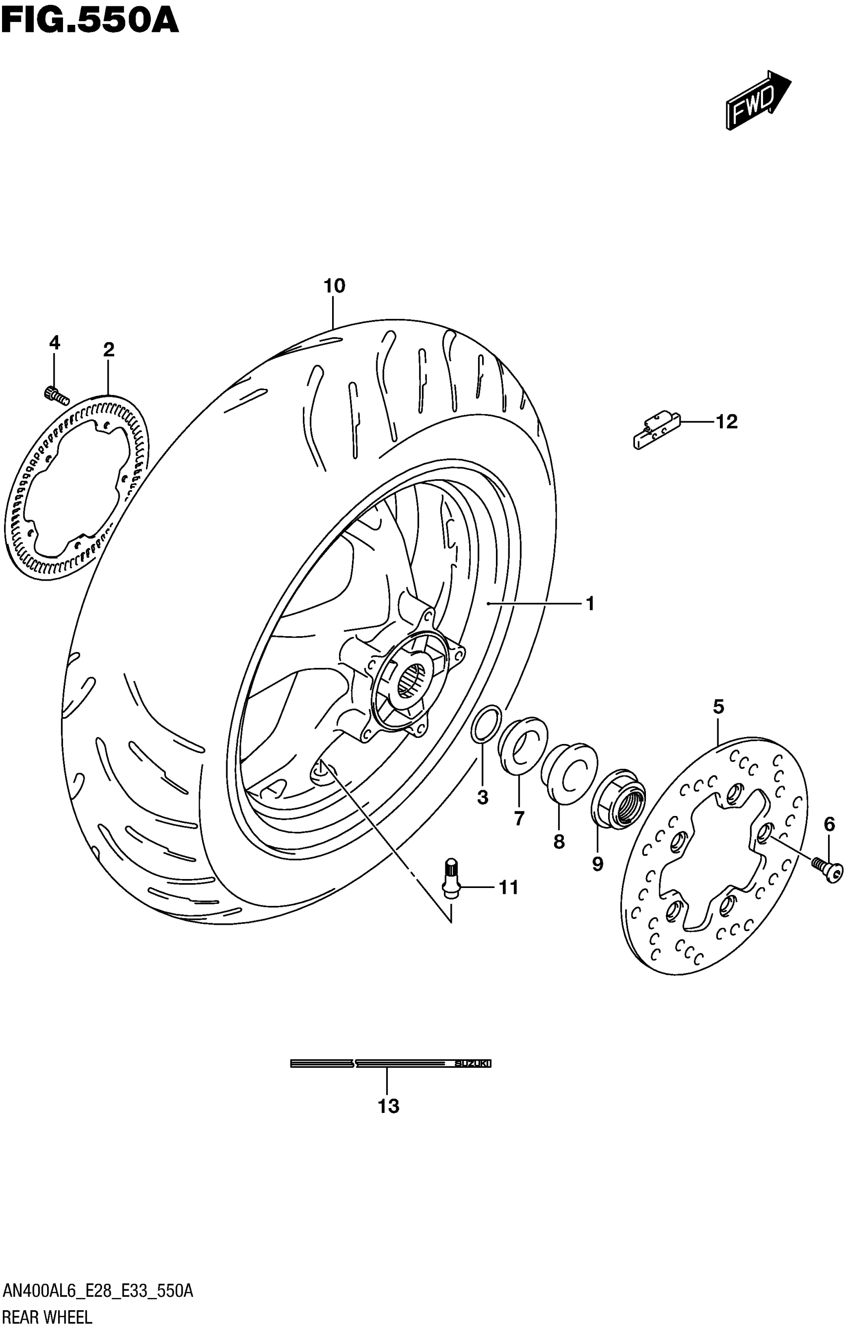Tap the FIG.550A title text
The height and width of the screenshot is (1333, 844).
pyautogui.click(x=90, y=20)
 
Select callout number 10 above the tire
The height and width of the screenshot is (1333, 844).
pyautogui.click(x=334, y=286)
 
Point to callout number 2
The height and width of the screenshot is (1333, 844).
pyautogui.click(x=108, y=350)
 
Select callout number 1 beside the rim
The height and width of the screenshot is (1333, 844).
pyautogui.click(x=590, y=603)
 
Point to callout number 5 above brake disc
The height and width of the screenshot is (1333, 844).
pyautogui.click(x=718, y=707)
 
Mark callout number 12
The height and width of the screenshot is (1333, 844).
pyautogui.click(x=727, y=422)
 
